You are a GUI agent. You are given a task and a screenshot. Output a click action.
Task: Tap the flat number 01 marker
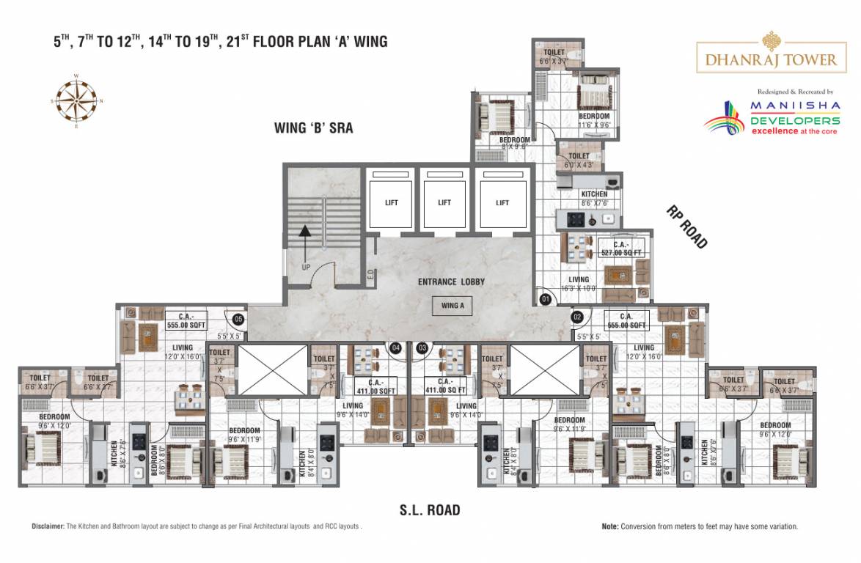[545, 299]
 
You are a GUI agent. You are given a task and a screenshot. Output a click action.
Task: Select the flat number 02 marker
[577, 317]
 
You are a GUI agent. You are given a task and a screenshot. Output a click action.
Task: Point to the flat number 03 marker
[422, 348]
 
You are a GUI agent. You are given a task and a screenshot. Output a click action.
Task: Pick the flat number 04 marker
[396, 348]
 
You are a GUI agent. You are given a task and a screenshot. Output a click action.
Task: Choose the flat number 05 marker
[238, 319]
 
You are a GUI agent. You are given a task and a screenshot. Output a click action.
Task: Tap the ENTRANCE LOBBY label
[451, 282]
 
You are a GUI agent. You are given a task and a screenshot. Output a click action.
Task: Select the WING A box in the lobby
[453, 306]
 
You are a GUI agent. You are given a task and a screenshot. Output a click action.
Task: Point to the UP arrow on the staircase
[302, 242]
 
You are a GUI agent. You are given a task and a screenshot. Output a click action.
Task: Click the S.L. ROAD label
[430, 509]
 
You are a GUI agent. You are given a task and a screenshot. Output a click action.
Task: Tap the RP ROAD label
[686, 227]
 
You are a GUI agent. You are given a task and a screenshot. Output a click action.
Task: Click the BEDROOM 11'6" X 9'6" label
[594, 120]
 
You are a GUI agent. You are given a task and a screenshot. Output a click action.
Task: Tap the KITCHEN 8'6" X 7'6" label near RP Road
[594, 199]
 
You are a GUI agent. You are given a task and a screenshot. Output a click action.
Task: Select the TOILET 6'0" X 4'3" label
[579, 160]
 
